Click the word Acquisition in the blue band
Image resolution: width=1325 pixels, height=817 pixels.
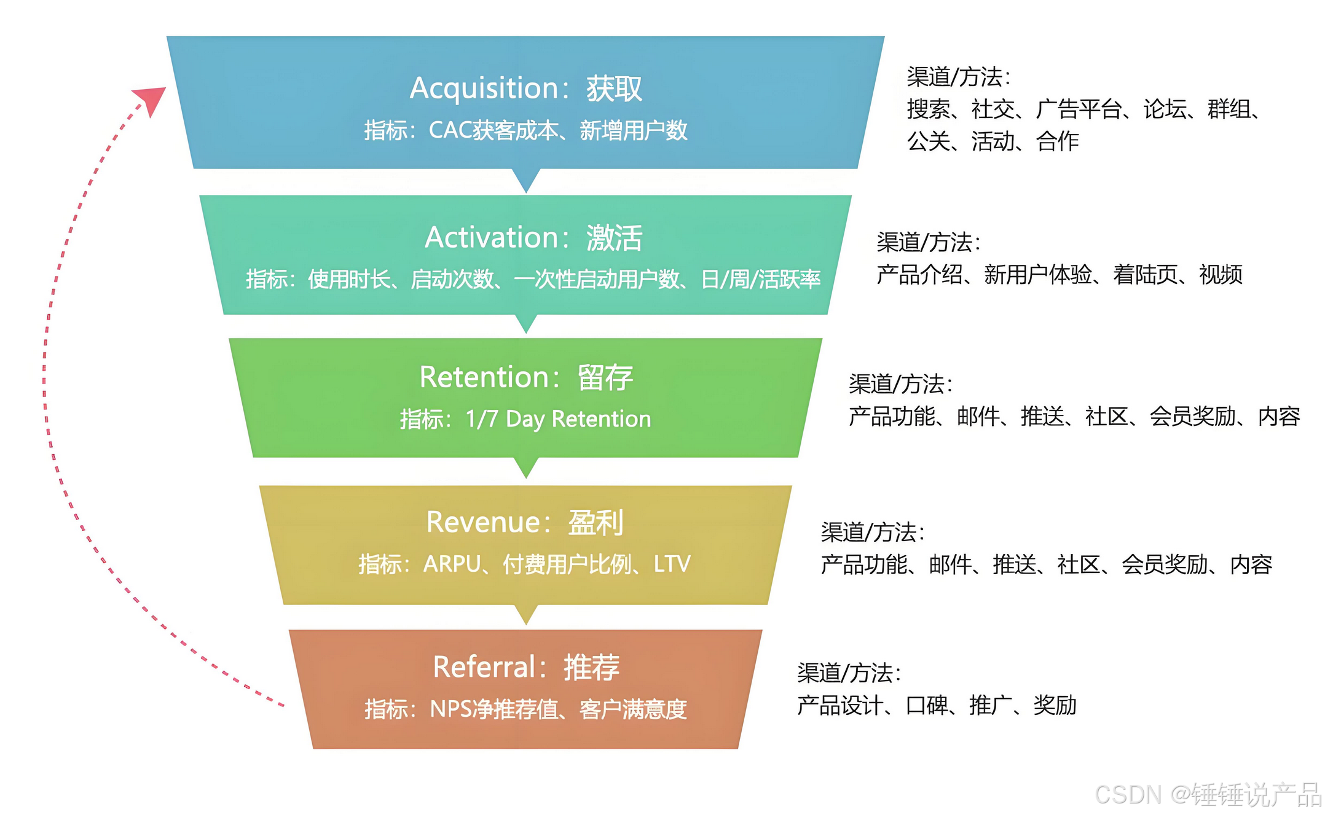click(x=484, y=89)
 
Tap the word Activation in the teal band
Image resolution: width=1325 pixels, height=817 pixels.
click(x=491, y=237)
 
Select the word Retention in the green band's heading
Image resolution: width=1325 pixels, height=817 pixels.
click(x=484, y=377)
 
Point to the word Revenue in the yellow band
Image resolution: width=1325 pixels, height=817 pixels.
click(x=483, y=523)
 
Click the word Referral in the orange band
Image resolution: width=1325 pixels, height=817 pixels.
click(x=484, y=667)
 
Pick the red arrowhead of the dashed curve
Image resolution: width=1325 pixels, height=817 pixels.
click(x=151, y=99)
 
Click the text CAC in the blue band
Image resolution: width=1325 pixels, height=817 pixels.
click(x=450, y=130)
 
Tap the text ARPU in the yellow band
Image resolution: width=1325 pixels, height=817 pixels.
click(x=452, y=564)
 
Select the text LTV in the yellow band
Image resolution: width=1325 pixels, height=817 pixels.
click(x=672, y=564)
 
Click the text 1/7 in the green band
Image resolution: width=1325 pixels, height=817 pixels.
click(x=481, y=419)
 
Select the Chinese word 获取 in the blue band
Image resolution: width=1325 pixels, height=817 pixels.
click(x=614, y=89)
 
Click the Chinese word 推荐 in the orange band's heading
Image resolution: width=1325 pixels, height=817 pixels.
click(x=591, y=667)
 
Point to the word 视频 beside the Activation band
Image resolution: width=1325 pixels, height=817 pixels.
click(x=1221, y=274)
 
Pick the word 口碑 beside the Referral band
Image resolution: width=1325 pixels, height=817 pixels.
click(x=927, y=705)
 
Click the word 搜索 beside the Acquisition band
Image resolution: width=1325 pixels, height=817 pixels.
click(x=928, y=109)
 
